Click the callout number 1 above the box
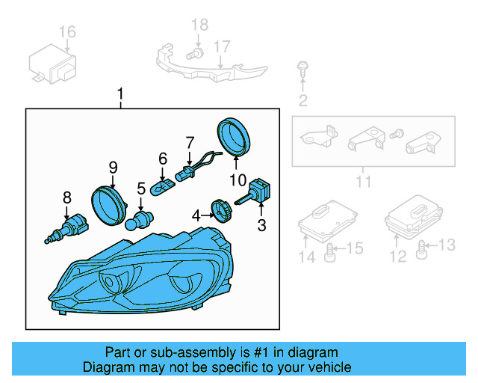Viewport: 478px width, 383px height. point(120,95)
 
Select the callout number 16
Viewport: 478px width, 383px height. point(67,31)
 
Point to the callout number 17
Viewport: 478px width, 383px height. point(222,46)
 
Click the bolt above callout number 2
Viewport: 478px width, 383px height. point(302,69)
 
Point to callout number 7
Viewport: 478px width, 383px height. point(190,141)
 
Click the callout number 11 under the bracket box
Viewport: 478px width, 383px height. point(363,182)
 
